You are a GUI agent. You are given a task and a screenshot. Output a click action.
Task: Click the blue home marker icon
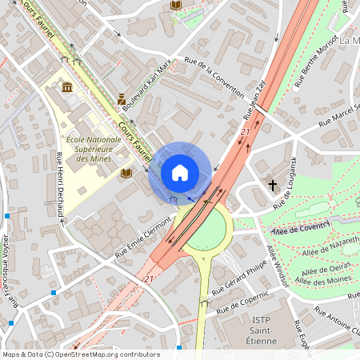[x=180, y=173]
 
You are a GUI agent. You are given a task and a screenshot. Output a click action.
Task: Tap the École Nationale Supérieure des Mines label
[x=93, y=147]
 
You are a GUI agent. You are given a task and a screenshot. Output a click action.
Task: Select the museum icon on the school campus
[x=65, y=87]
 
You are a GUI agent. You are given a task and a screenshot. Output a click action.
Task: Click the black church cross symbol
[x=273, y=186]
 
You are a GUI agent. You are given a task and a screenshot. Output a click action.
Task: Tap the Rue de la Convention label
[x=214, y=80]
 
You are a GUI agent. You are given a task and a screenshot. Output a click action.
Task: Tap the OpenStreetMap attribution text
[x=80, y=354]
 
